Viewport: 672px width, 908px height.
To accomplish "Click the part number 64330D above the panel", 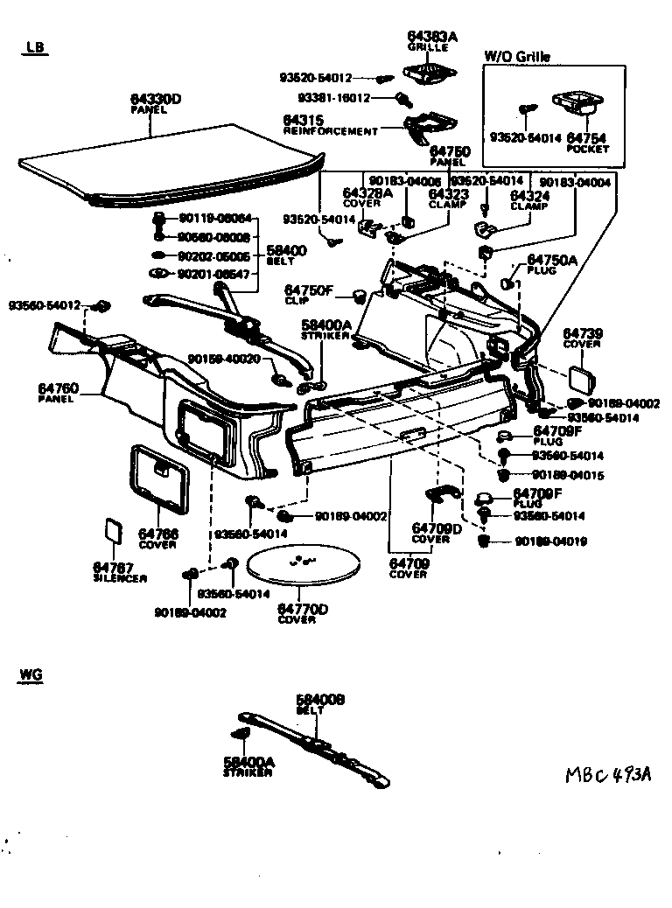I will pyautogui.click(x=155, y=99).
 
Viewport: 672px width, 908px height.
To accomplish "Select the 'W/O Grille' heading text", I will pyautogui.click(x=517, y=57).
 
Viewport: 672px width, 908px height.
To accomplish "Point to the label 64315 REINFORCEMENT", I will pyautogui.click(x=330, y=125).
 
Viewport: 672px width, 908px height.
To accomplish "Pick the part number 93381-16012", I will pyautogui.click(x=333, y=98).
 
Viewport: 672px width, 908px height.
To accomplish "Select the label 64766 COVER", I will pyautogui.click(x=157, y=539).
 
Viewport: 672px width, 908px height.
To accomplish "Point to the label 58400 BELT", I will pyautogui.click(x=286, y=255).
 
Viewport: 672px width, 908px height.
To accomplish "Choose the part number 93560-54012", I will pyautogui.click(x=45, y=305).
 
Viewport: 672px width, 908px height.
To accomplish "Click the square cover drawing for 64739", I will pyautogui.click(x=580, y=378).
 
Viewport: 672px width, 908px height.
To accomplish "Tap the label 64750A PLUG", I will pyautogui.click(x=551, y=265).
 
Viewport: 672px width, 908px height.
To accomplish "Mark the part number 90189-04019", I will pyautogui.click(x=550, y=542).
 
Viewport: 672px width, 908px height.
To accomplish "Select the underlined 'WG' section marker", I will pyautogui.click(x=31, y=675).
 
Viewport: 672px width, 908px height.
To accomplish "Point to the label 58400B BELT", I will pyautogui.click(x=321, y=704).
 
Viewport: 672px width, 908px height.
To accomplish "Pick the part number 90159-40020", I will pyautogui.click(x=225, y=359).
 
